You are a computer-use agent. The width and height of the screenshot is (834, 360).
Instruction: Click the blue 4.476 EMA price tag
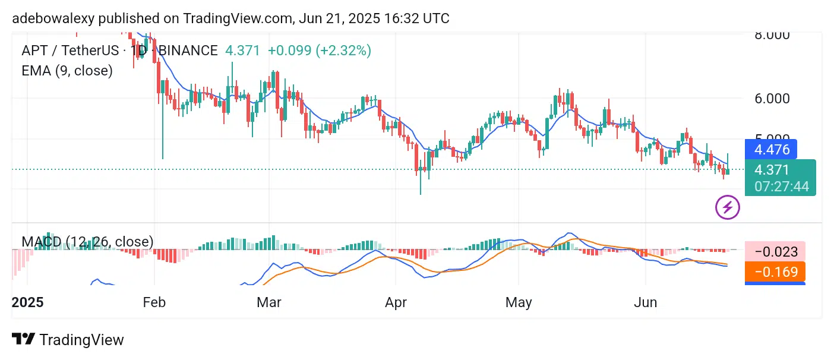(772, 149)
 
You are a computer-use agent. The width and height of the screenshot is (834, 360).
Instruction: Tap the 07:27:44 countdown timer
(781, 186)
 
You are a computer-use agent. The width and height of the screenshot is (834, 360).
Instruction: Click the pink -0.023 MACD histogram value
(776, 252)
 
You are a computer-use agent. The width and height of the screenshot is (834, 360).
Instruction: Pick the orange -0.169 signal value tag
(776, 272)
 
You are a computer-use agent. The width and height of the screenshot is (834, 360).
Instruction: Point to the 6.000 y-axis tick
(772, 99)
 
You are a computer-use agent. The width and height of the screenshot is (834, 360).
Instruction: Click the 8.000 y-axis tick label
(772, 34)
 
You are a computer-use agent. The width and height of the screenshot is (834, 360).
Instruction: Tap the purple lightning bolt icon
(728, 208)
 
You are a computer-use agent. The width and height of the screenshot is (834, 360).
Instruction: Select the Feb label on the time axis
(154, 302)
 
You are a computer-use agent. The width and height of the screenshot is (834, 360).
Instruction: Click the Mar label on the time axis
(268, 302)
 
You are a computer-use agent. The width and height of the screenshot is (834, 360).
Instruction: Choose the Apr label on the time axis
(396, 302)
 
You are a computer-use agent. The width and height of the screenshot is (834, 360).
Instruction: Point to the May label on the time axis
(519, 302)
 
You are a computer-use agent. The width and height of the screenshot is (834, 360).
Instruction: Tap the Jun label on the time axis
(646, 302)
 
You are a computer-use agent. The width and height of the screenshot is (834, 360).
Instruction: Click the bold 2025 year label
(27, 302)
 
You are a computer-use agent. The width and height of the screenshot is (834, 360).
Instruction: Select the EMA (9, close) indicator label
(67, 71)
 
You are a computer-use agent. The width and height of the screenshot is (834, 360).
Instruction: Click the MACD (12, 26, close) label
(87, 242)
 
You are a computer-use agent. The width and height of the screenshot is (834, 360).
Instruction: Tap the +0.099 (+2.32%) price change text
(320, 50)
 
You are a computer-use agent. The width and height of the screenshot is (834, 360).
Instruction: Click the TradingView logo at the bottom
(68, 340)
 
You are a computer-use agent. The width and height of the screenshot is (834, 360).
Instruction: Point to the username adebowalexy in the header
(51, 18)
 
